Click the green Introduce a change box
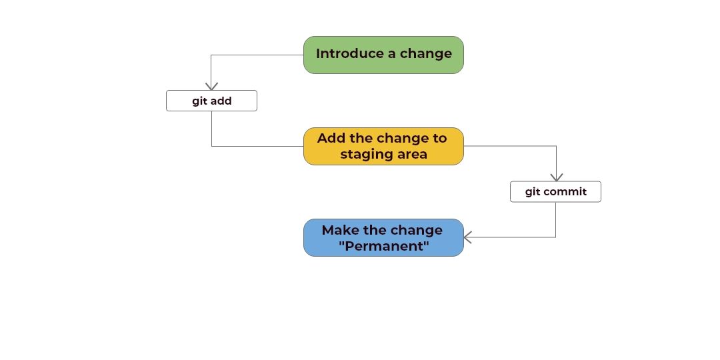click(383, 55)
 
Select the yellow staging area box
click(383, 146)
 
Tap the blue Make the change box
click(383, 237)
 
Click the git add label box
click(211, 101)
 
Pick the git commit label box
click(555, 191)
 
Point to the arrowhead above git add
click(211, 86)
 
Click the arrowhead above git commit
click(557, 177)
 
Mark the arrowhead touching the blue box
click(468, 237)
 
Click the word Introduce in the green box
click(350, 53)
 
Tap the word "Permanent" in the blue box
click(384, 245)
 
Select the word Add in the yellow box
click(331, 138)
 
